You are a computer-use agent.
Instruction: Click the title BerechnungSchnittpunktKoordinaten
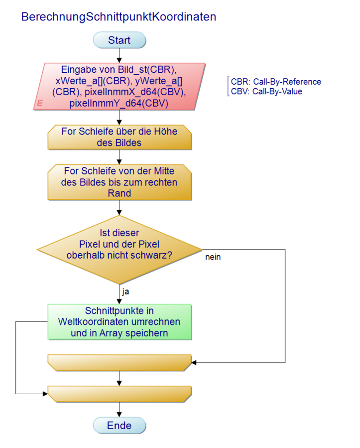pyautogui.click(x=119, y=16)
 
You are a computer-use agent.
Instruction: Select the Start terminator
pyautogui.click(x=120, y=40)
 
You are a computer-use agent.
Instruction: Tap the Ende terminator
pyautogui.click(x=120, y=426)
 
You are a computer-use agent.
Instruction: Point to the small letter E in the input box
pyautogui.click(x=39, y=103)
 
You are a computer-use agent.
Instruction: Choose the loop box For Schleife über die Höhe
pyautogui.click(x=120, y=137)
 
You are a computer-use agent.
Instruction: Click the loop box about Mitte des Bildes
pyautogui.click(x=120, y=182)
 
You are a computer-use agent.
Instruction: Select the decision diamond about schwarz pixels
pyautogui.click(x=120, y=249)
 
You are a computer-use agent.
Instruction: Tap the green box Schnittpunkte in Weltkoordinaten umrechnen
pyautogui.click(x=120, y=321)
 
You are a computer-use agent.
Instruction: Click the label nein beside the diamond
pyautogui.click(x=213, y=258)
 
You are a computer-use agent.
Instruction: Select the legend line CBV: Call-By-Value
pyautogui.click(x=266, y=91)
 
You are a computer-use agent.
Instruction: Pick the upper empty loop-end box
pyautogui.click(x=120, y=362)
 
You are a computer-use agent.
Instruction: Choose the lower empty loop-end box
pyautogui.click(x=120, y=394)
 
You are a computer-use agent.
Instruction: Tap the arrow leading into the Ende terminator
pyautogui.click(x=120, y=410)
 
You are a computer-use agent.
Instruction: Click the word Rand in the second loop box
pyautogui.click(x=120, y=193)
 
